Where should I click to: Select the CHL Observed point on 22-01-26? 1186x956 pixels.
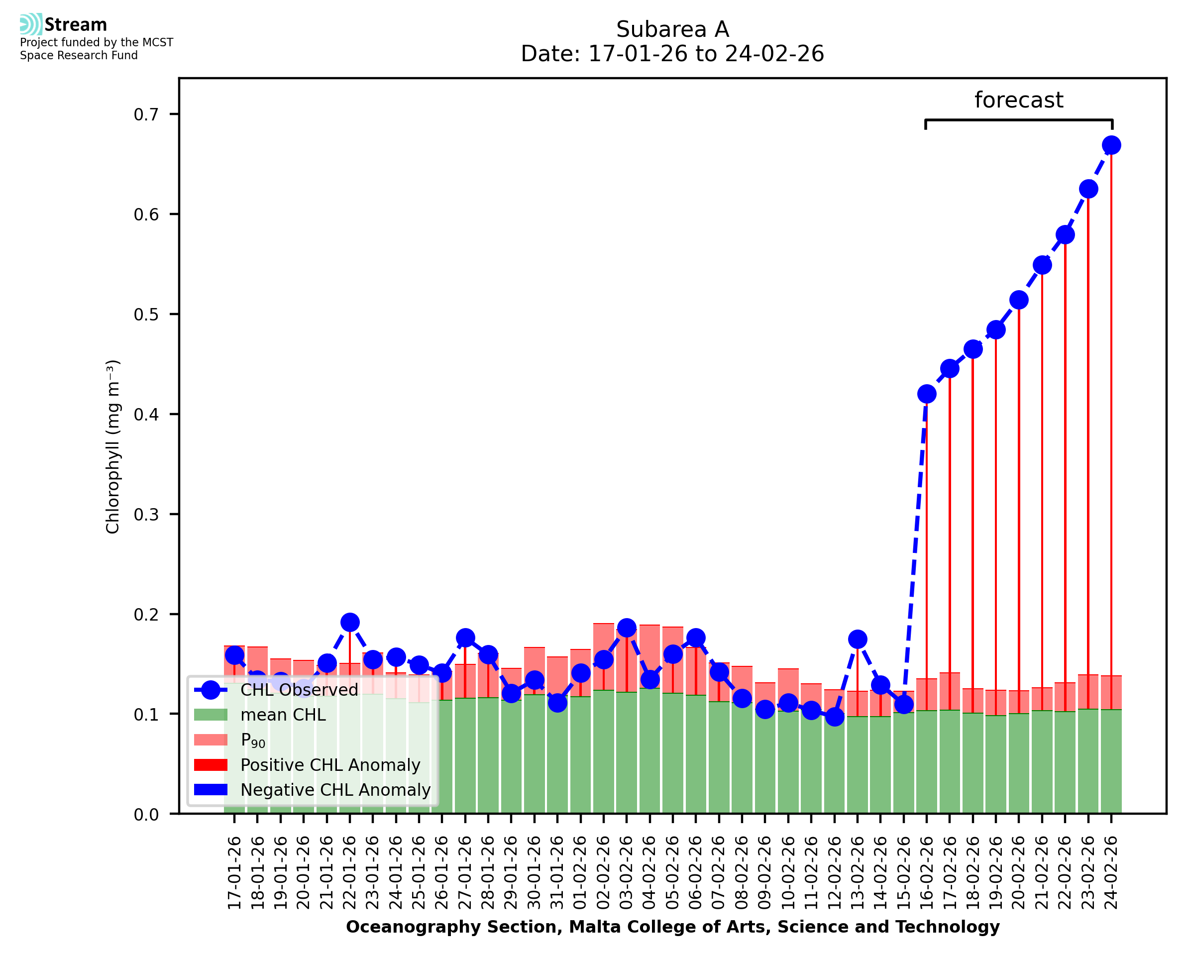350,622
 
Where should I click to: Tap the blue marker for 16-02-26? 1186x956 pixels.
927,394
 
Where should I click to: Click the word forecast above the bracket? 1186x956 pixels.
1019,100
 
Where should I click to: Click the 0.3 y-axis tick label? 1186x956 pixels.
146,515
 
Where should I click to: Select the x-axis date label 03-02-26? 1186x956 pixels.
627,873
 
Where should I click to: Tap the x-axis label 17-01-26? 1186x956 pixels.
234,873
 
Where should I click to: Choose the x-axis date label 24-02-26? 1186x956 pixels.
1111,873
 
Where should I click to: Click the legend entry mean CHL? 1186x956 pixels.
283,715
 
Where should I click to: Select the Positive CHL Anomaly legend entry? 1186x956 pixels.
330,765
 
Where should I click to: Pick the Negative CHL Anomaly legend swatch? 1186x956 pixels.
211,790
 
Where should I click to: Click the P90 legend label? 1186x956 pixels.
253,740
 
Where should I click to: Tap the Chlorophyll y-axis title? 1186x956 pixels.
112,446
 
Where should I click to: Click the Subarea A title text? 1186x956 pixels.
672,29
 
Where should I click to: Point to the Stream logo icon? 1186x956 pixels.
31,24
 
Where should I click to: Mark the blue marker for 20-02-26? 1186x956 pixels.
1019,300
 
